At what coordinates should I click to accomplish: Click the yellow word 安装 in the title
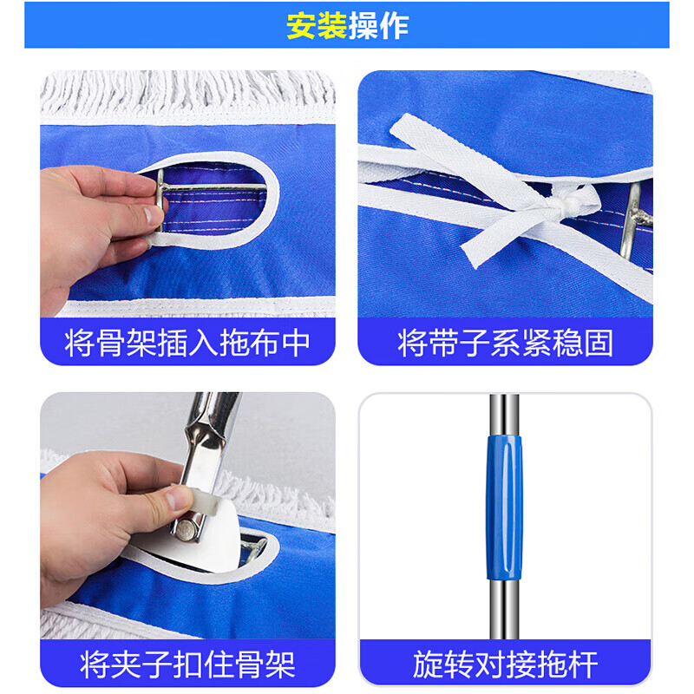tap(317, 26)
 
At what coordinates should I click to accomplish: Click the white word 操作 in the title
tap(378, 26)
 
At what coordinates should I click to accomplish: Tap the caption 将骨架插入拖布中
tap(187, 343)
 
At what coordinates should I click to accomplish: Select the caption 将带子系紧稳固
tap(505, 343)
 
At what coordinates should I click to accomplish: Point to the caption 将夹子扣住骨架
tap(187, 665)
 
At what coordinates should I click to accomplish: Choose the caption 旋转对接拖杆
tap(505, 665)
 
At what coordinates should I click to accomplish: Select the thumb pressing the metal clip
tap(173, 499)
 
